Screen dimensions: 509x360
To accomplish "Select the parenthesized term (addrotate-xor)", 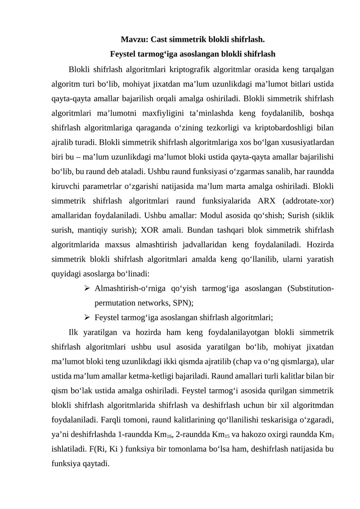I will tap(310, 201).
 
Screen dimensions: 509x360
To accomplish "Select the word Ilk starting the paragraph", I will tap(74, 333).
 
